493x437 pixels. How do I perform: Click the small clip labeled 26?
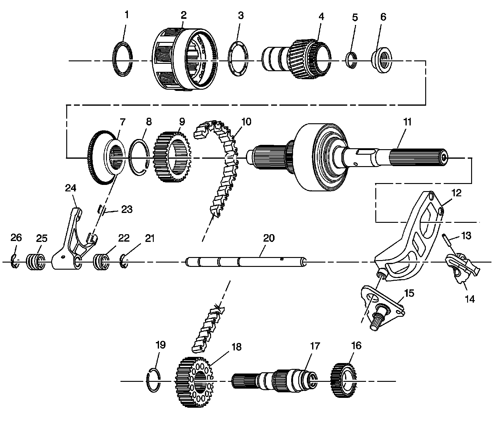(14, 261)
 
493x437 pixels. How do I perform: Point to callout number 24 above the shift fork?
(71, 188)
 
